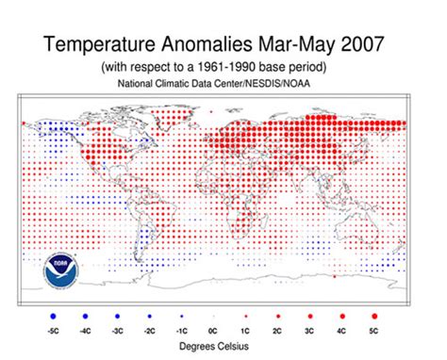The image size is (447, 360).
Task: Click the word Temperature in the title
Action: pyautogui.click(x=103, y=44)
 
